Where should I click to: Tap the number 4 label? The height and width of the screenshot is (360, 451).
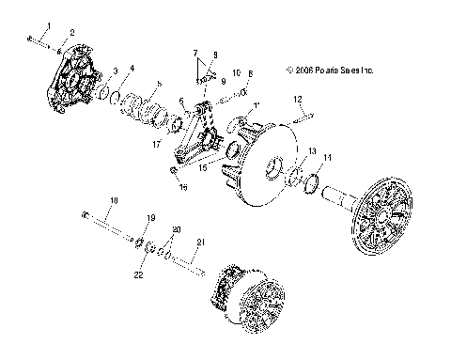pyautogui.click(x=132, y=68)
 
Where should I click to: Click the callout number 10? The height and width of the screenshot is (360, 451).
pyautogui.click(x=237, y=71)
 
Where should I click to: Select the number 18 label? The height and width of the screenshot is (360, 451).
pyautogui.click(x=114, y=200)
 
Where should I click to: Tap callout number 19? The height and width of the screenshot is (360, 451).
pyautogui.click(x=150, y=218)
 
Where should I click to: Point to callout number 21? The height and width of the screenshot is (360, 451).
pyautogui.click(x=198, y=243)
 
